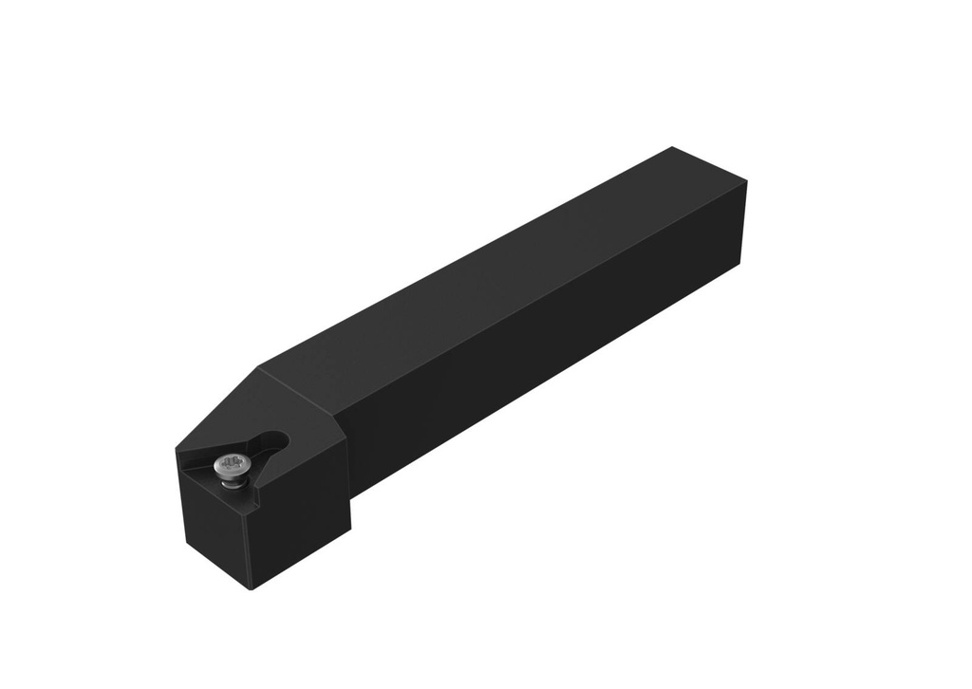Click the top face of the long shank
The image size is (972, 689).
click(494, 266)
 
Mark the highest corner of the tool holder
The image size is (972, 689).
click(672, 147)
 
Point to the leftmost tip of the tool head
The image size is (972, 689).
click(177, 452)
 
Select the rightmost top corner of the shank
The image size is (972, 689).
click(747, 181)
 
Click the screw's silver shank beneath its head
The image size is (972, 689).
click(230, 481)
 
